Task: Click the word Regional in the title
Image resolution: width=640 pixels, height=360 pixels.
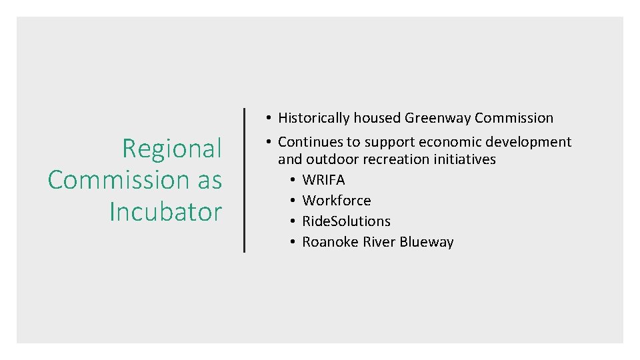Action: coord(171,148)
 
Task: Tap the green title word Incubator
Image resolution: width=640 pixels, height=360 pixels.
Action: coord(165,212)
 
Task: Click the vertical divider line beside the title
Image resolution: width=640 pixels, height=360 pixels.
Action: coord(244,180)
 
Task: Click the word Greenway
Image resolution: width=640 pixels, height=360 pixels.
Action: coord(437,118)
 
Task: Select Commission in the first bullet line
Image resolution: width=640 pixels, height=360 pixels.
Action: coord(514,118)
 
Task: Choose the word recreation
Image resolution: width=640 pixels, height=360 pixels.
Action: coord(393,159)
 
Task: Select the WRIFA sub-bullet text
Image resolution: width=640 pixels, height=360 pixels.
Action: coord(323,180)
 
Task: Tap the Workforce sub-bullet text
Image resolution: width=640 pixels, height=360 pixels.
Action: coord(337,201)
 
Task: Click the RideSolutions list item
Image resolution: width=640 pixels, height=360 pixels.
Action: coord(346,221)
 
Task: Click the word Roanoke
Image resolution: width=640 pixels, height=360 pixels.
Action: coord(330,242)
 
